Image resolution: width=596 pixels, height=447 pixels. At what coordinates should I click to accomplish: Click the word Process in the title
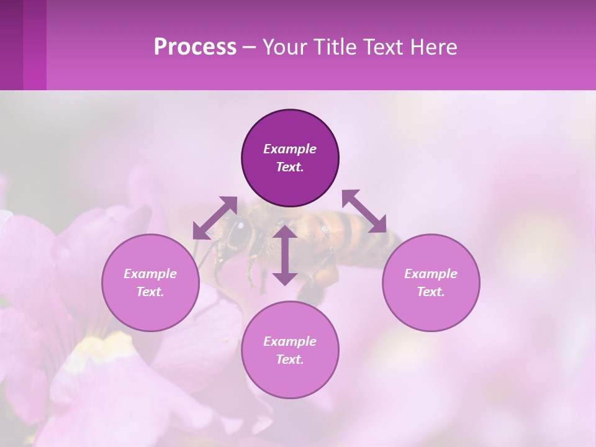pos(195,47)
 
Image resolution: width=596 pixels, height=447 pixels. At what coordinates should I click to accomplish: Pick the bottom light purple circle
pos(290,379)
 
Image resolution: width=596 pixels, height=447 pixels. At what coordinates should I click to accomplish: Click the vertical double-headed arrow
pos(285,255)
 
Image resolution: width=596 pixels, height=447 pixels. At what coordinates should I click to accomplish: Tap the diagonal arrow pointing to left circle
pos(215,217)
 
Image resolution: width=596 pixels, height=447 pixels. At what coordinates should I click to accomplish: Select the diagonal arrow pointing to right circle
pos(364,211)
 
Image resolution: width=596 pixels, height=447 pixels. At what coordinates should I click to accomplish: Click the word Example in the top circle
pos(290,149)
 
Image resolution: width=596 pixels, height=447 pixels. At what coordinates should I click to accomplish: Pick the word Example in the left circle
pos(150,274)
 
